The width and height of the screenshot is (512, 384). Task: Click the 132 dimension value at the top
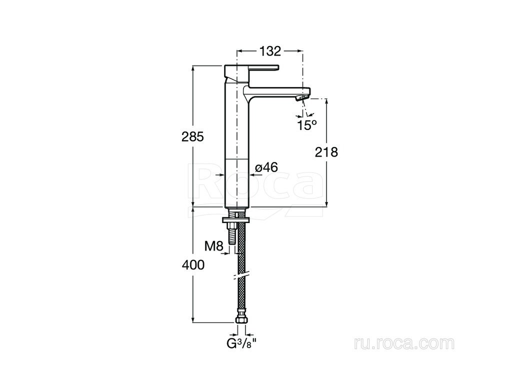coord(270,51)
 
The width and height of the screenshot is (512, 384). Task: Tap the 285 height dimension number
coord(192,137)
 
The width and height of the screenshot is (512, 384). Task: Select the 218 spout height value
coord(326,152)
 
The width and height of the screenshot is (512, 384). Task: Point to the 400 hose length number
coord(193,265)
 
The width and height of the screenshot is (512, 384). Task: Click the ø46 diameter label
coord(266,167)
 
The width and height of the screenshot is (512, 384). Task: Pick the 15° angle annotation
coord(307,125)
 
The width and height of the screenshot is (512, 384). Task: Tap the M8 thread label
coord(213,246)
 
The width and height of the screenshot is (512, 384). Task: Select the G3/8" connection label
coord(241,344)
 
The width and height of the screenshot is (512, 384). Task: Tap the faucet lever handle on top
coord(252,68)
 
